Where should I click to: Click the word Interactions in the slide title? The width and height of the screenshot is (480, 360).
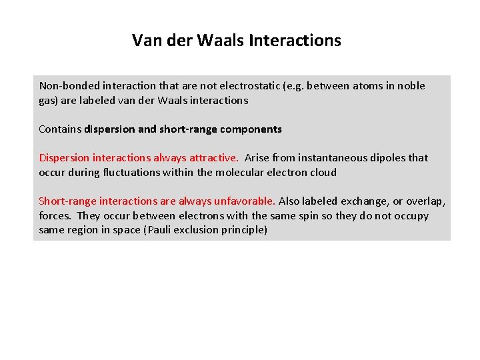[x=295, y=41]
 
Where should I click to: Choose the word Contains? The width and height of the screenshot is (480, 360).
[x=60, y=129]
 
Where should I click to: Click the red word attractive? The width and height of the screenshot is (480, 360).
[x=213, y=158]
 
